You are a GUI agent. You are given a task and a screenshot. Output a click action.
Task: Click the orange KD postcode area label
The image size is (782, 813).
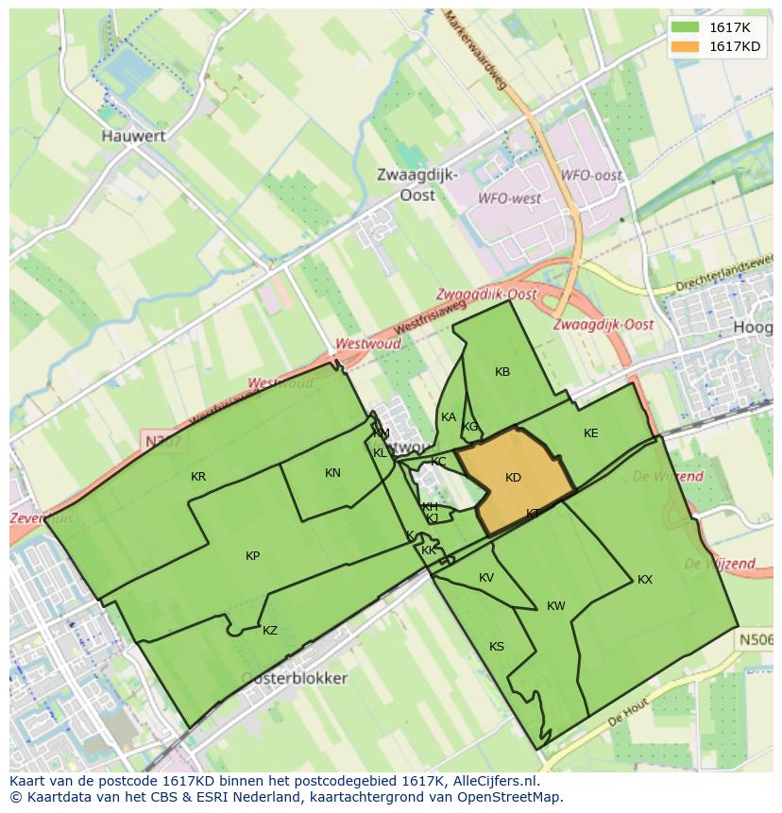513,478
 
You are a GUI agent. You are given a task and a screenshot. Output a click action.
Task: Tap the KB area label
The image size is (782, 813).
502,372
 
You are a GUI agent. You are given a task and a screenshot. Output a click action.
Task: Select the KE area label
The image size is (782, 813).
591,433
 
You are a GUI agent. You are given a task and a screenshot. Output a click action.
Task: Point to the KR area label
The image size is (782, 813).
198,477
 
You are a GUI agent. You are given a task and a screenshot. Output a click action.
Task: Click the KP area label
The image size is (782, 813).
252,556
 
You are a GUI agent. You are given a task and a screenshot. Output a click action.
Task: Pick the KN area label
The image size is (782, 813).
332,473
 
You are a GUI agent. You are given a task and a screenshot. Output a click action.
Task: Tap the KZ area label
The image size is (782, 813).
270,631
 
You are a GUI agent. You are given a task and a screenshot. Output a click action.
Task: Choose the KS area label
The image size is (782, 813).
497,647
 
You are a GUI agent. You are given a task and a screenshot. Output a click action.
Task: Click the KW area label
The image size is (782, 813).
555,606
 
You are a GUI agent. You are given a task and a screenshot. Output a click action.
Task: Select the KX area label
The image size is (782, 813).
645,580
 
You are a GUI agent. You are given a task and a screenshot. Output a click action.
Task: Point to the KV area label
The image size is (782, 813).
486,578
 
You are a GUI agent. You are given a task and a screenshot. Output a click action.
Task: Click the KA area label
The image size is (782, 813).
449,417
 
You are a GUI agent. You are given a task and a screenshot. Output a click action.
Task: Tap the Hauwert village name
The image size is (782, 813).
133,136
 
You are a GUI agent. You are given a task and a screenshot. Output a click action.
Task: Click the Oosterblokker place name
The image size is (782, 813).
294,678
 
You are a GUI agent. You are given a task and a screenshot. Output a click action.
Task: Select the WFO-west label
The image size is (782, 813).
509,199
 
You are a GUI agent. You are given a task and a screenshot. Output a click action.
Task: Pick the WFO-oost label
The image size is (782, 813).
591,176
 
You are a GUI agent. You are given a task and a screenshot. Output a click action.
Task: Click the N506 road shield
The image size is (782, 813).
756,640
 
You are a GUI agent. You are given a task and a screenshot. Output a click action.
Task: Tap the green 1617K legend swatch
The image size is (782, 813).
686,27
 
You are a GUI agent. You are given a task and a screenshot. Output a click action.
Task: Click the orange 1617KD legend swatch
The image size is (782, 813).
686,46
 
